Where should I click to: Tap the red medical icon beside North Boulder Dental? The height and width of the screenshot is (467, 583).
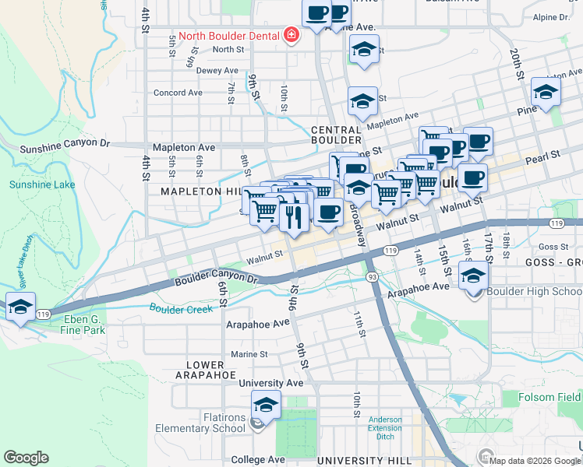pos(291,35)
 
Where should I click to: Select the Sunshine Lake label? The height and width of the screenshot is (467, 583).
pos(37,184)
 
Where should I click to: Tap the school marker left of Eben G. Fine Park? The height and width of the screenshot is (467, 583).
pos(19,306)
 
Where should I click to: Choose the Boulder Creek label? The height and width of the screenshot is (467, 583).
pos(182,309)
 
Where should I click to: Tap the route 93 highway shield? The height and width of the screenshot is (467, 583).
pos(373,276)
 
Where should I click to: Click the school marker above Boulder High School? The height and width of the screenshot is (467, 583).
pos(473,276)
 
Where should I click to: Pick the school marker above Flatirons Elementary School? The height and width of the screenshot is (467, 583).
pos(266,405)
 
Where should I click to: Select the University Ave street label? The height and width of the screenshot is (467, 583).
pos(270,383)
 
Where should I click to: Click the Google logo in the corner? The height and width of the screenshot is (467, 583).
pos(26,458)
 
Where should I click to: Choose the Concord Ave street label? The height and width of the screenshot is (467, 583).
pos(178,93)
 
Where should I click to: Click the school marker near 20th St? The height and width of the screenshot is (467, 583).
pos(546,91)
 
